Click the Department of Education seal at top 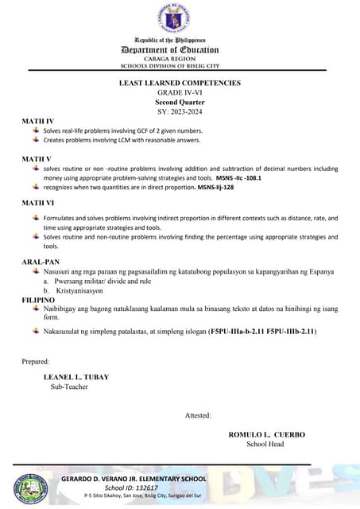click(180, 17)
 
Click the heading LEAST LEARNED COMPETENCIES click(180, 83)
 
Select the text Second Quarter click(180, 102)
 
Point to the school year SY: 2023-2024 click(180, 111)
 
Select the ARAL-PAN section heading click(41, 261)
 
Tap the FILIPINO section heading click(38, 300)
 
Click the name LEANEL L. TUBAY click(76, 377)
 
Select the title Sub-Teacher click(69, 387)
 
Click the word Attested click(198, 415)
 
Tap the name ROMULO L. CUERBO click(266, 435)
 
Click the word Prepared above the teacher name click(36, 362)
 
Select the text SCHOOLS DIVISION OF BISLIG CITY click(180, 66)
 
